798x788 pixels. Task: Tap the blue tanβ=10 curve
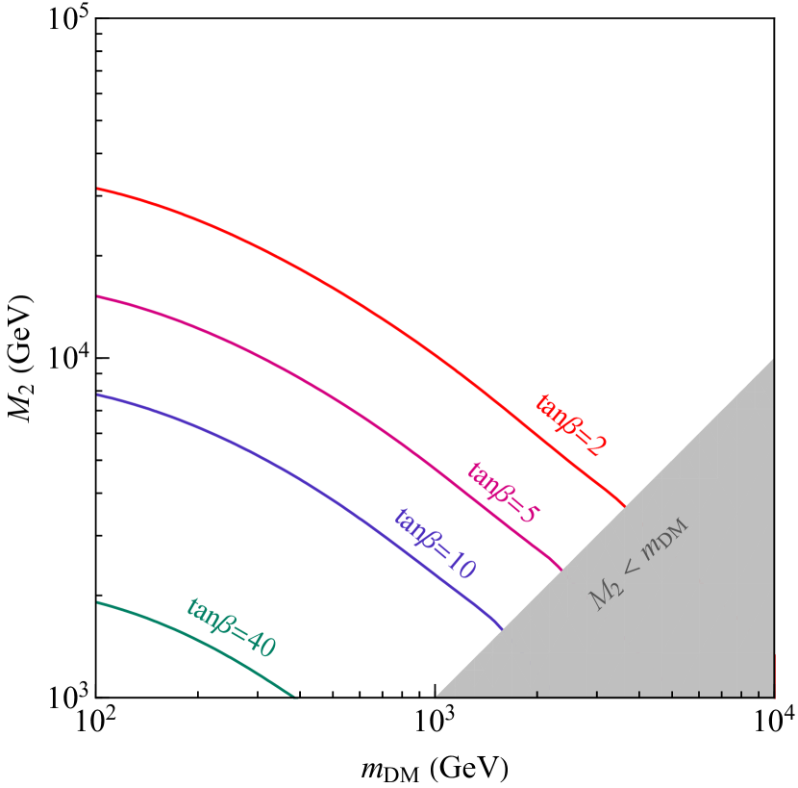click(x=288, y=470)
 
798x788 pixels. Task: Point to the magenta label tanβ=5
click(x=503, y=493)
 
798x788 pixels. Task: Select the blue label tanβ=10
click(x=434, y=544)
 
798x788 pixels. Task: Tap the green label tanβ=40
click(x=231, y=627)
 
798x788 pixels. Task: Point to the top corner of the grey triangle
click(x=773, y=359)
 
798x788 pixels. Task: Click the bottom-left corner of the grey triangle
click(x=436, y=698)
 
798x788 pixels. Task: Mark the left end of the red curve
click(x=98, y=189)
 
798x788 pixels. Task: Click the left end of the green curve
click(x=98, y=602)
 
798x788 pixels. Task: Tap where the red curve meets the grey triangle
click(x=626, y=504)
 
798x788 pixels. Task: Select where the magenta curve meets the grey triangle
click(x=561, y=570)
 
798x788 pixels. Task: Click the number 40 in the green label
click(x=261, y=644)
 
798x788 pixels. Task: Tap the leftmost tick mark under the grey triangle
click(x=536, y=694)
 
